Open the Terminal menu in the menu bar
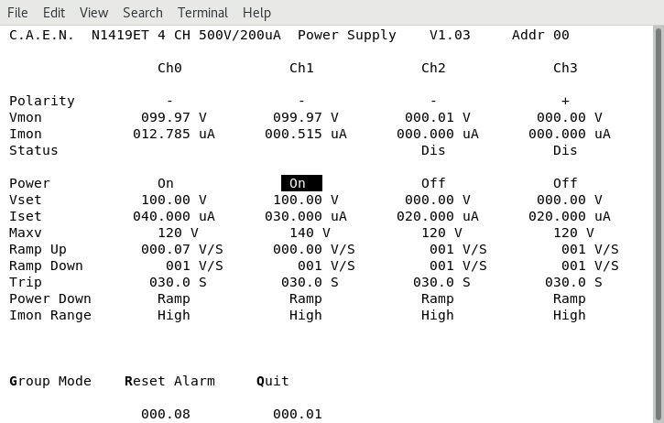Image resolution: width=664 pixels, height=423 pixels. tap(202, 13)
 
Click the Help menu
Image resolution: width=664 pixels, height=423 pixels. tap(256, 13)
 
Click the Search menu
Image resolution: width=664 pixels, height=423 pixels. tap(142, 13)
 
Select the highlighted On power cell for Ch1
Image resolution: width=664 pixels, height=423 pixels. tap(301, 183)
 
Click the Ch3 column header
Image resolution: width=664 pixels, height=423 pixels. tap(565, 68)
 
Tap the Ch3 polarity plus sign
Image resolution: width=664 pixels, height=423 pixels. tap(565, 101)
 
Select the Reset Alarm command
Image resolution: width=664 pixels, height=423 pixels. tap(169, 381)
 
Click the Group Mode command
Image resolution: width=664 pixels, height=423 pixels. tap(50, 381)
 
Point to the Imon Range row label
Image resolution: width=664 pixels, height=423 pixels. tap(50, 315)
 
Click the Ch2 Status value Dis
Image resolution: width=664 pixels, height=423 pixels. tap(433, 150)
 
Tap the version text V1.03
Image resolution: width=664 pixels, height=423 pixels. tap(450, 35)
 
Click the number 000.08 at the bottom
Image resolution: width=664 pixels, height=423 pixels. tap(166, 414)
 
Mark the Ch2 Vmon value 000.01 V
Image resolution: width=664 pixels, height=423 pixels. tap(437, 117)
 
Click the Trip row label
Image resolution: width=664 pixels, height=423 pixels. tap(26, 282)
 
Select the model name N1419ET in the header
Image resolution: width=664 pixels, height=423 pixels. tap(125, 35)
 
